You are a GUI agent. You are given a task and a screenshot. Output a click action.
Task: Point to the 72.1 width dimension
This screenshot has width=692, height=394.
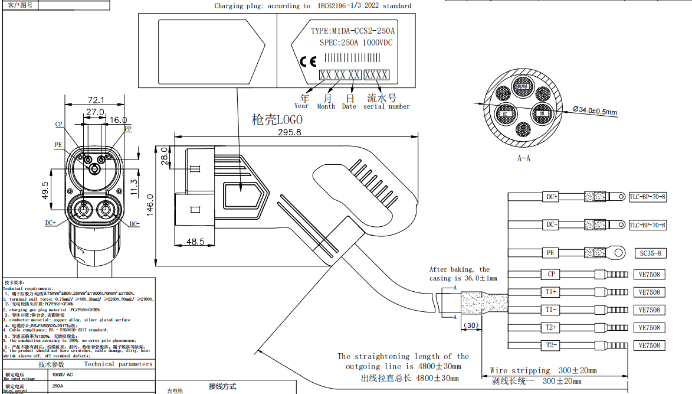click(x=96, y=100)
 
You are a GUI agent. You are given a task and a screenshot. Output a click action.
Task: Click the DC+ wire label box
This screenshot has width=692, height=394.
click(x=552, y=197)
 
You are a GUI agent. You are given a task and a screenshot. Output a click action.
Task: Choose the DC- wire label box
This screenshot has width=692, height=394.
click(x=552, y=224)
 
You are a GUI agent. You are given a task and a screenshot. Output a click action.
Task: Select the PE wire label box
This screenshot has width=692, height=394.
click(x=550, y=253)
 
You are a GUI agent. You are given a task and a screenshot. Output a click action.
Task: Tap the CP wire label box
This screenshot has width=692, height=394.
click(x=551, y=274)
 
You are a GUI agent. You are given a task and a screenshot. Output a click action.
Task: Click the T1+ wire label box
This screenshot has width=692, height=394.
click(x=551, y=292)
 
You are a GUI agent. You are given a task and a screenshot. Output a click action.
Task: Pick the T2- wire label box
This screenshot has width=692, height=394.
click(x=551, y=345)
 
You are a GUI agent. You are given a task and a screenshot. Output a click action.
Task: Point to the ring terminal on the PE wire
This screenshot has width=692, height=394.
click(x=616, y=253)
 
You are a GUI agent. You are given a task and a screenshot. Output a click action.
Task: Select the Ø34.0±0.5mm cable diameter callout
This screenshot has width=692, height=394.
click(x=595, y=110)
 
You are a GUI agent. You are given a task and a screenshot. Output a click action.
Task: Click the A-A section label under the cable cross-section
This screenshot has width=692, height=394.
click(x=523, y=158)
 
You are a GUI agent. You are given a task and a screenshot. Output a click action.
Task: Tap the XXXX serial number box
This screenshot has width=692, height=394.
click(x=376, y=75)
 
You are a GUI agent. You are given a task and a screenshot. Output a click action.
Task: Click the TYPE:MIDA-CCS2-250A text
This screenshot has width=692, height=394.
click(x=353, y=31)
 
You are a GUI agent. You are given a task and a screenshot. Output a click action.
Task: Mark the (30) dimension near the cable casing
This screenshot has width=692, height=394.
click(x=470, y=325)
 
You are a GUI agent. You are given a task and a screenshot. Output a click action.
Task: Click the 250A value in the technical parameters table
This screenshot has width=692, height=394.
click(x=58, y=386)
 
